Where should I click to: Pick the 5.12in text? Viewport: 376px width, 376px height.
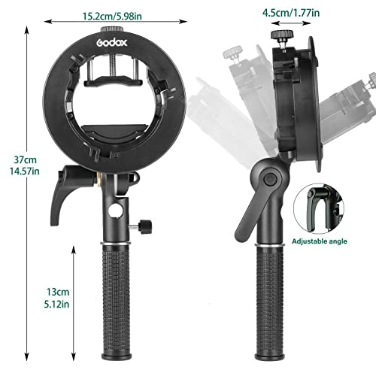(57, 304)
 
